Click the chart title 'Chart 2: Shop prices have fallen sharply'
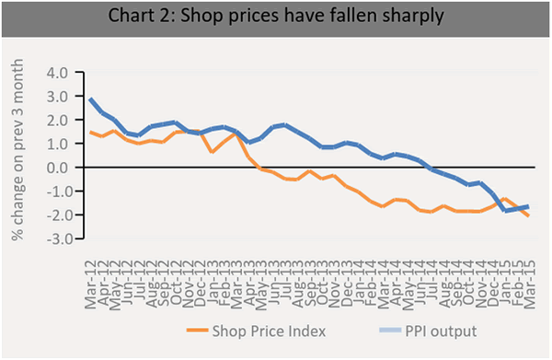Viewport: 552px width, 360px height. click(x=275, y=17)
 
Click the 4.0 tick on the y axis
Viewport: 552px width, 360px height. click(x=57, y=72)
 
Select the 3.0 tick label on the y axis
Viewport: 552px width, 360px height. click(x=57, y=96)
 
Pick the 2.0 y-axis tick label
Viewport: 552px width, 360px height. click(x=57, y=120)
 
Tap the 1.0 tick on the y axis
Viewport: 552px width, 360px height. click(x=57, y=144)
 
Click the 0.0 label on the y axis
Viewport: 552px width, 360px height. click(x=57, y=168)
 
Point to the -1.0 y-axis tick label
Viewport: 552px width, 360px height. click(x=55, y=192)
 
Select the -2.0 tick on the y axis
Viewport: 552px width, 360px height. click(x=55, y=215)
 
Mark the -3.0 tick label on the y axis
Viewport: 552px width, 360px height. click(x=55, y=239)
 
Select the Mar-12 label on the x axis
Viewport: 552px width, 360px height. click(x=90, y=267)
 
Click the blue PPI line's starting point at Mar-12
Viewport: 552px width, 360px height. click(x=90, y=99)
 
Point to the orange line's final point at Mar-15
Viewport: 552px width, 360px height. click(x=528, y=215)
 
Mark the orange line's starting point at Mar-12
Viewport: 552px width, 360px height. click(x=90, y=132)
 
